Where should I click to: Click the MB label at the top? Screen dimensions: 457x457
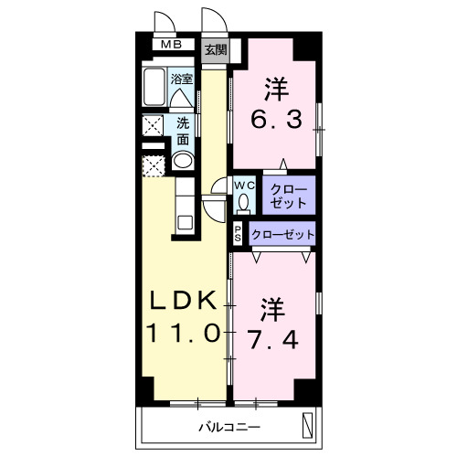[170, 45]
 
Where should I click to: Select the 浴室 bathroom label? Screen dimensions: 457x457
[183, 80]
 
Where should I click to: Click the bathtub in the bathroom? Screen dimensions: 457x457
[154, 90]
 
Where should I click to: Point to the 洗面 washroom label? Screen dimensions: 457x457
[183, 131]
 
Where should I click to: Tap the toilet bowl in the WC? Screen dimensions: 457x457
[244, 203]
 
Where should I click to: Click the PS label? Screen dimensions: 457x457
[238, 234]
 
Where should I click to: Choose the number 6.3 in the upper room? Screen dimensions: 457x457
[278, 119]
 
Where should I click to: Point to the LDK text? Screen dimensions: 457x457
[183, 302]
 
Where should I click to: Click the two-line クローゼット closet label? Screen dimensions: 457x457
[289, 195]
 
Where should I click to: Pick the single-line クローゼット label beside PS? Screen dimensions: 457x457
[282, 234]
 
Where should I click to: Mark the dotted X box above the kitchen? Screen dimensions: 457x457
[153, 165]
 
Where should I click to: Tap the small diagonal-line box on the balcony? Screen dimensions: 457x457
[307, 425]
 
